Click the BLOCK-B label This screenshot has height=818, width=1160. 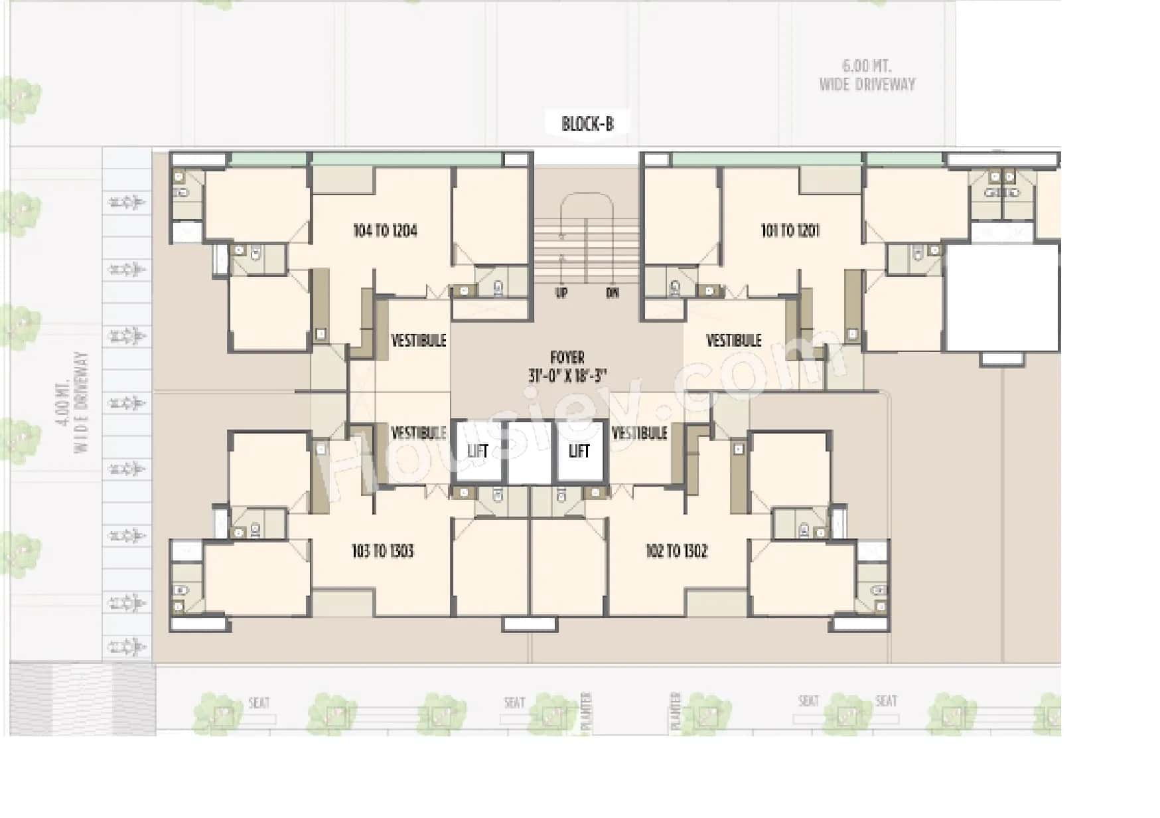click(x=587, y=124)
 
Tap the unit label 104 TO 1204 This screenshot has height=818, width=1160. click(x=385, y=230)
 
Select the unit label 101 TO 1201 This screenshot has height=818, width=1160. click(x=790, y=230)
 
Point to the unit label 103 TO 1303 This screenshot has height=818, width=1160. click(x=382, y=550)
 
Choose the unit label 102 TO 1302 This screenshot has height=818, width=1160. click(x=676, y=550)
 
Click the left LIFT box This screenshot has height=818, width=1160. click(x=478, y=451)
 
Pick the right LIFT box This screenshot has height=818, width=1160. click(x=579, y=451)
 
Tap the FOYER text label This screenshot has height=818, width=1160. click(x=567, y=357)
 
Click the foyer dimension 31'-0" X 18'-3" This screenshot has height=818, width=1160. click(x=567, y=376)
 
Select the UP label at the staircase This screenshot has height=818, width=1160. click(x=561, y=293)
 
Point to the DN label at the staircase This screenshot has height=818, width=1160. click(x=612, y=293)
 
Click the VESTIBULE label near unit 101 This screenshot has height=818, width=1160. click(x=733, y=341)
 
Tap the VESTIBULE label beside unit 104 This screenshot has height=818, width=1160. click(x=419, y=341)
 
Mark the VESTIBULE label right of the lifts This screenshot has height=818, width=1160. click(x=639, y=434)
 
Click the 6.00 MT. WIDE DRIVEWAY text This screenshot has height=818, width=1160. click(x=867, y=75)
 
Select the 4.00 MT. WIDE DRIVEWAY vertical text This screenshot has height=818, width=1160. click(x=72, y=403)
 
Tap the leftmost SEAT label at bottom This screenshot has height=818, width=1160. click(x=259, y=702)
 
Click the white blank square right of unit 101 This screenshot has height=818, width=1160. click(x=1001, y=297)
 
